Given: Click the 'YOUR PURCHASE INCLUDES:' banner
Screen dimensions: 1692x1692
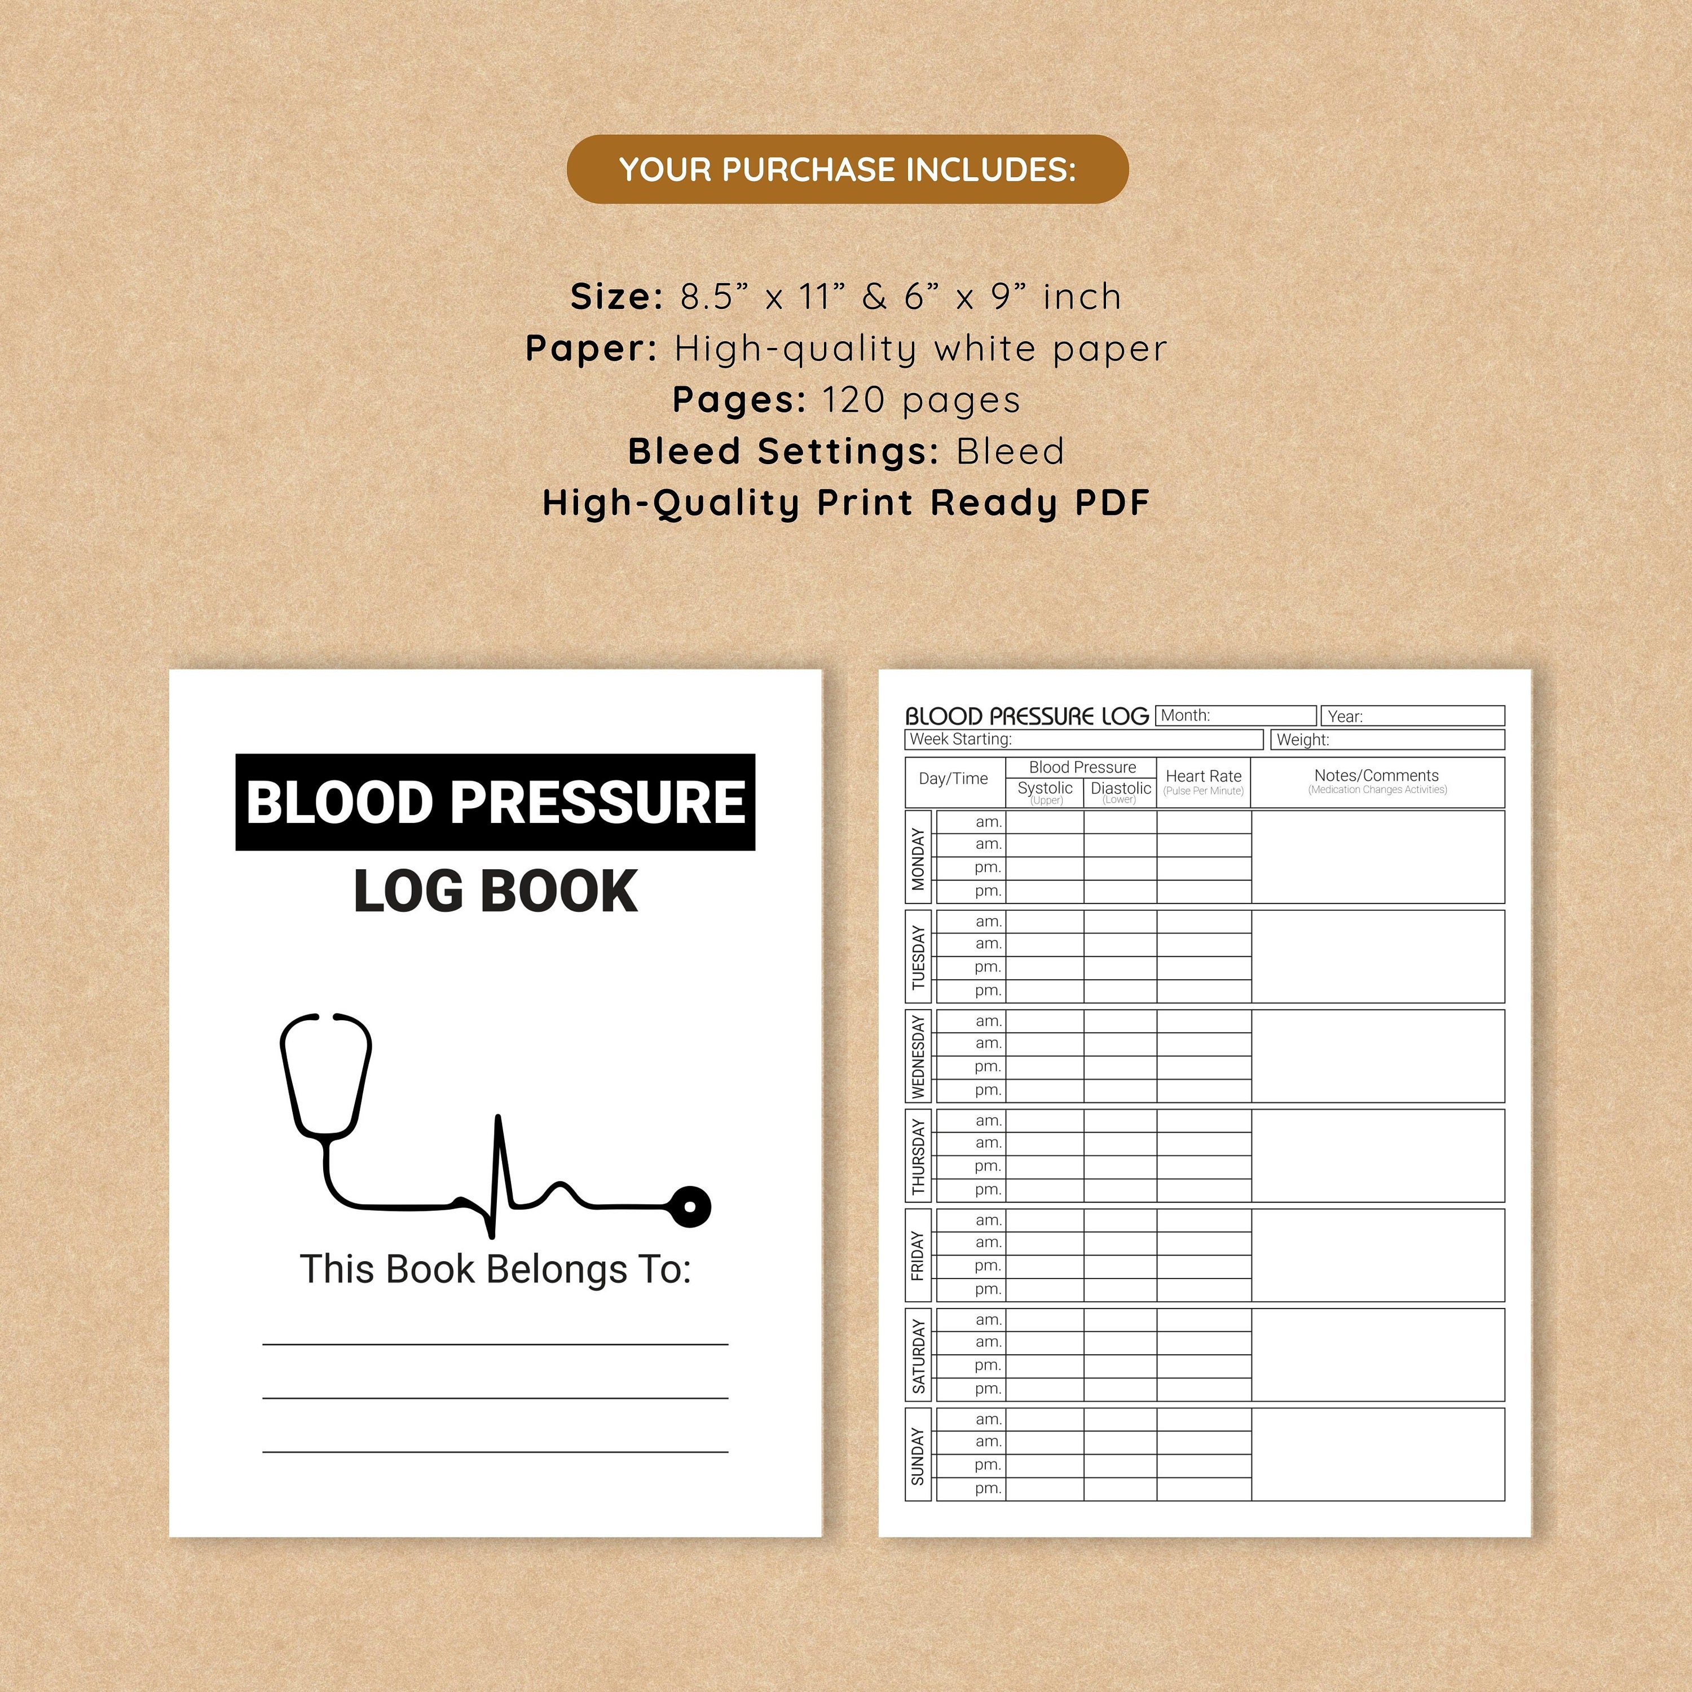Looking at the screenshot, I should [x=847, y=169].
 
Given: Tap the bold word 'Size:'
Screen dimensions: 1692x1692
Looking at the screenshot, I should [x=616, y=297].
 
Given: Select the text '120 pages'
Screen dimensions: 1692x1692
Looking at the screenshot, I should [x=922, y=400].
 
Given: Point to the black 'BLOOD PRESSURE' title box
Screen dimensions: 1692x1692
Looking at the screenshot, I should [x=495, y=801].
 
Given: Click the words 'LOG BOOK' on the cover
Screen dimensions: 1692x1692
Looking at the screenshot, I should [x=495, y=892].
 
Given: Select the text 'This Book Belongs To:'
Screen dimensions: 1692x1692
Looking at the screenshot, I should [x=495, y=1269].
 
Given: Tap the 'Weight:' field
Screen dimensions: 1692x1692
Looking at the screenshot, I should [x=1387, y=739].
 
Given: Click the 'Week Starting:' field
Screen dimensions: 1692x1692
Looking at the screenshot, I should [x=1083, y=739].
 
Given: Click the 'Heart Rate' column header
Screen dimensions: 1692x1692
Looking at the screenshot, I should [x=1204, y=781].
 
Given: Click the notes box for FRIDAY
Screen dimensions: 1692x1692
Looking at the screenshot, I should [x=1378, y=1255].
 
